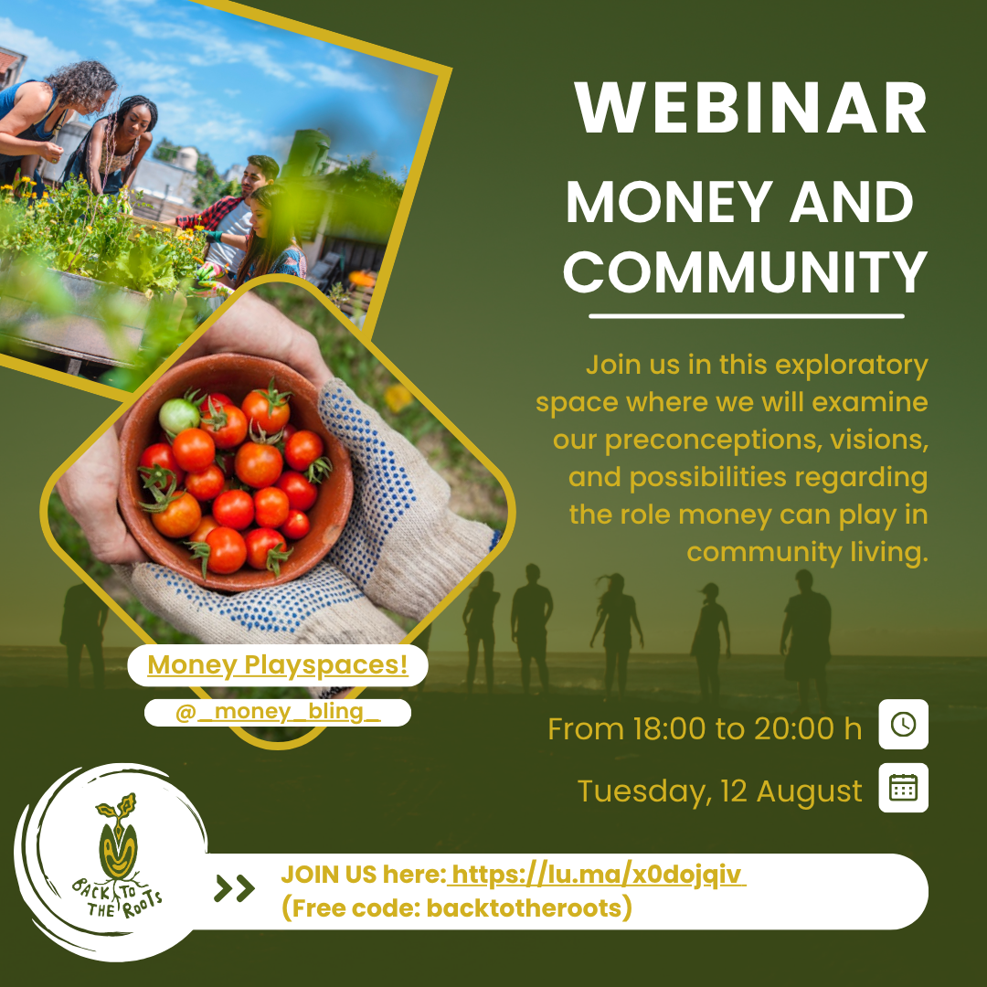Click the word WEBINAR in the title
(750, 107)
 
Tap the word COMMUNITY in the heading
(746, 272)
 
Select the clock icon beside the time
(903, 724)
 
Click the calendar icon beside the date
(903, 788)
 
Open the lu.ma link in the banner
(597, 875)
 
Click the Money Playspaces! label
(278, 664)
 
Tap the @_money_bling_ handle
(278, 712)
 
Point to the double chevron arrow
(234, 888)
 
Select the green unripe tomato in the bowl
(179, 416)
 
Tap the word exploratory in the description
(851, 366)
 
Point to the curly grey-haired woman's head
(85, 84)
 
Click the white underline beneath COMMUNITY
(747, 316)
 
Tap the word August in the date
(809, 791)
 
